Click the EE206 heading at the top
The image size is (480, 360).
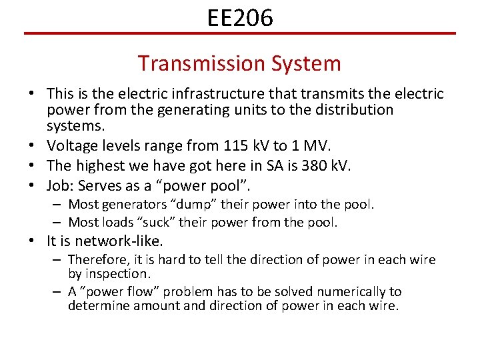pyautogui.click(x=240, y=18)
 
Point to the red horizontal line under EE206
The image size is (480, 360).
pyautogui.click(x=240, y=33)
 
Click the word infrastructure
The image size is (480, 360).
pyautogui.click(x=206, y=94)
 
